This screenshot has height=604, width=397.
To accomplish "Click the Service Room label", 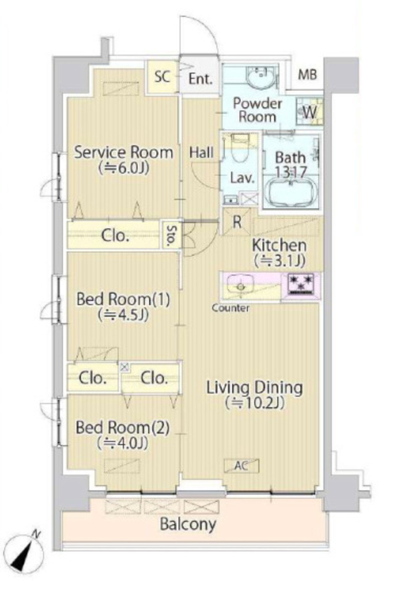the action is point(124,152).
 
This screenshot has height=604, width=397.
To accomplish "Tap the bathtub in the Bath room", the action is point(291,193).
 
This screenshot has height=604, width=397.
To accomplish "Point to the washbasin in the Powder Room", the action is point(260,77).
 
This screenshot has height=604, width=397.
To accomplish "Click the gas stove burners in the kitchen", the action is point(301,285).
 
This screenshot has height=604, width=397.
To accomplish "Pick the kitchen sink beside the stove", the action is point(240,286).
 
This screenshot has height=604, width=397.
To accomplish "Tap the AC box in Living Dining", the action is point(241,465).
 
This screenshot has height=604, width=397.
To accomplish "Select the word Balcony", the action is point(188,524).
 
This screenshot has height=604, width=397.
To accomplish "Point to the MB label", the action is point(307,74).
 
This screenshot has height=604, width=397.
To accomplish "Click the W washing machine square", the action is point(309,111).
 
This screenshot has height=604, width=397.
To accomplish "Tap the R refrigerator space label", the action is point(237,222).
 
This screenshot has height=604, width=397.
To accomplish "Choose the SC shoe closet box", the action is point(163,77).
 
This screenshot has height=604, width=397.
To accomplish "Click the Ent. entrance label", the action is point(200,79).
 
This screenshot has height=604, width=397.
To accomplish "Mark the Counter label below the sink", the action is point(230,308).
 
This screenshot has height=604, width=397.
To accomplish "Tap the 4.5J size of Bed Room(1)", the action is point(123,315).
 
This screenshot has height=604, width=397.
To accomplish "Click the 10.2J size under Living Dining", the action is point(255,403).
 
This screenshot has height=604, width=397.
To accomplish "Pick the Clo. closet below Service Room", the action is point(114,235).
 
